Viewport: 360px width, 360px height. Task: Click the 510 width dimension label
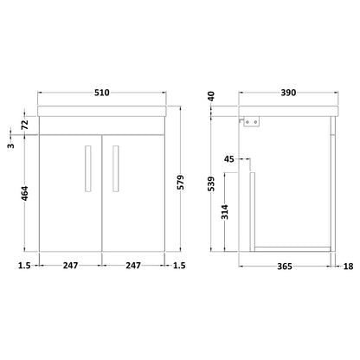(x=102, y=93)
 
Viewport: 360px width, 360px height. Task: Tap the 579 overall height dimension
(x=180, y=183)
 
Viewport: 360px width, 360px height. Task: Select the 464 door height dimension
(x=25, y=193)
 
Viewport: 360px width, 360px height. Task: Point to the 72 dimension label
(x=25, y=124)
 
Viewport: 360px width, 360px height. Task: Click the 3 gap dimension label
(x=10, y=145)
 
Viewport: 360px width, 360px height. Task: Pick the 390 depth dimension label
(x=288, y=93)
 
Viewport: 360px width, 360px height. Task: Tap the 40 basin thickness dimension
(x=211, y=96)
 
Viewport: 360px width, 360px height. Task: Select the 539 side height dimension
(x=211, y=183)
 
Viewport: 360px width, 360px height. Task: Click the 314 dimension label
(x=225, y=212)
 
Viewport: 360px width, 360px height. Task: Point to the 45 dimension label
(x=229, y=159)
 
